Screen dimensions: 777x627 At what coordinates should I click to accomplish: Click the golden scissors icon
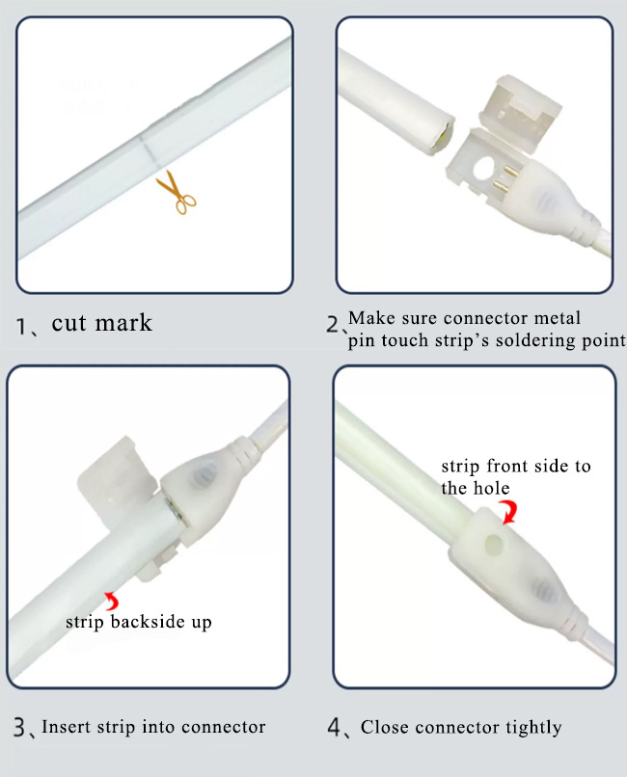coord(177,191)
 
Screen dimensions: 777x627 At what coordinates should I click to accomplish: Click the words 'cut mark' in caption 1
coord(101,322)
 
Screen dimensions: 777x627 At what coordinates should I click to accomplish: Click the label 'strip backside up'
coord(138,622)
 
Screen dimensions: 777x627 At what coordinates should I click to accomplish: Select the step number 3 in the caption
coord(21,727)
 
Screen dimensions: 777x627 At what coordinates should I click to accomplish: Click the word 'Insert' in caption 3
coord(65,727)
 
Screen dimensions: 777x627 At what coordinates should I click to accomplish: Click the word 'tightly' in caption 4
coord(530,727)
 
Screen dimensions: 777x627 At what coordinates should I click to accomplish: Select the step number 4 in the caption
coord(337,727)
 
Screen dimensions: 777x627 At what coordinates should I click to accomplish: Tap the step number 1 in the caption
coord(24,325)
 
